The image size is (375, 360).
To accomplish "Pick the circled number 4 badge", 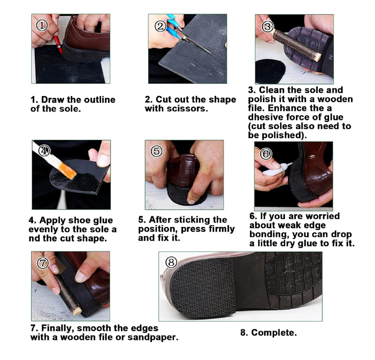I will tap(44, 151).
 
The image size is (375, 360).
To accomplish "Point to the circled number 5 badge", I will tap(157, 151).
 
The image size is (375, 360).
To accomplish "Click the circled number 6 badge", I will tap(265, 153).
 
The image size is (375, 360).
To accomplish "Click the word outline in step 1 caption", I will tap(99, 100).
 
